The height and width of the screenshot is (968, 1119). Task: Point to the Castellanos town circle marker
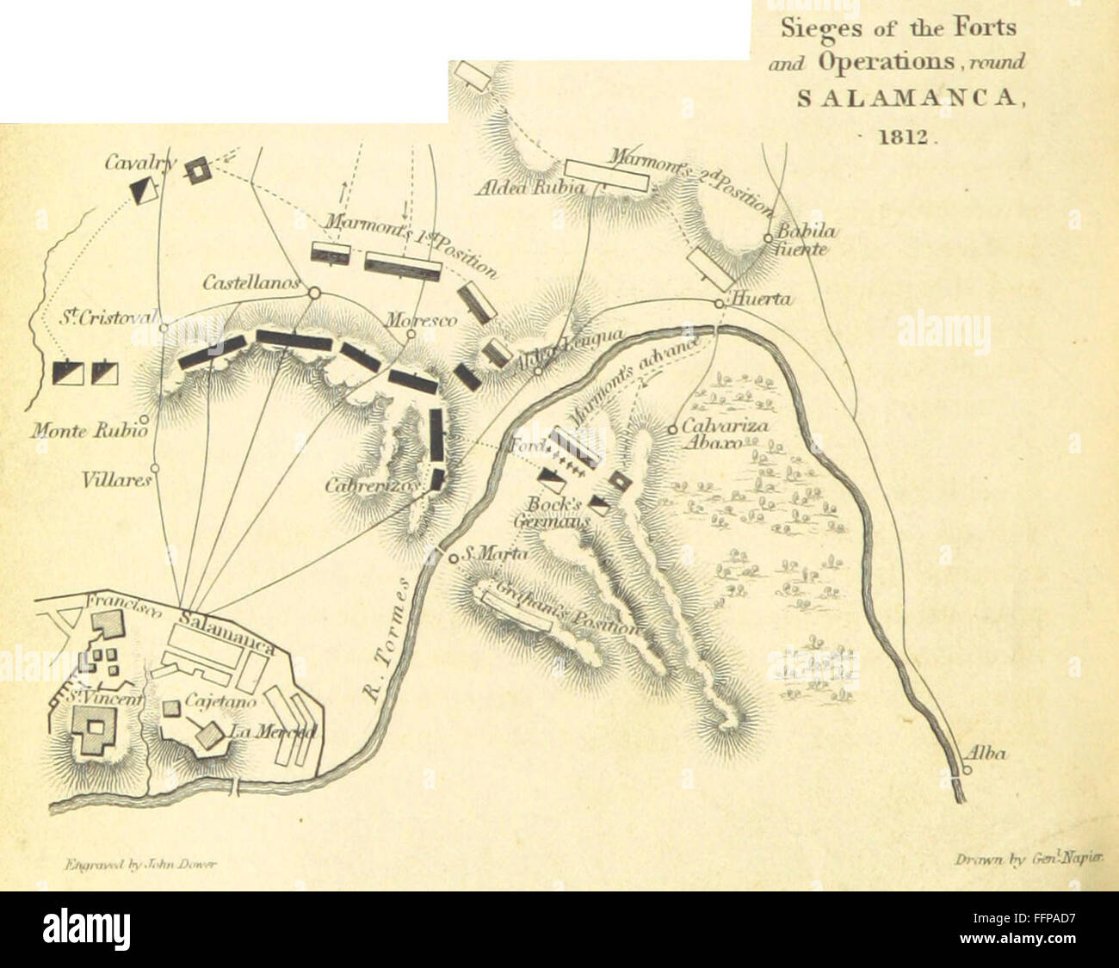pyautogui.click(x=313, y=293)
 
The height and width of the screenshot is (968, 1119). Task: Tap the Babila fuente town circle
pyautogui.click(x=768, y=238)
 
